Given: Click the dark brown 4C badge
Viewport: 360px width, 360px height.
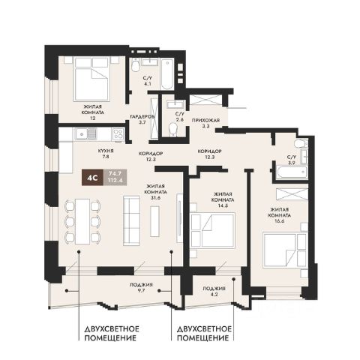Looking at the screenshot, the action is pyautogui.click(x=92, y=178).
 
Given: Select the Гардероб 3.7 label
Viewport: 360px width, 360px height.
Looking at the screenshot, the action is pyautogui.click(x=142, y=119).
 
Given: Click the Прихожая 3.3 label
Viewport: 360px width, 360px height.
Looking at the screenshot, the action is pyautogui.click(x=205, y=123).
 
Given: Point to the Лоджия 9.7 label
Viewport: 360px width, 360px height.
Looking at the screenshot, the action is pyautogui.click(x=141, y=287).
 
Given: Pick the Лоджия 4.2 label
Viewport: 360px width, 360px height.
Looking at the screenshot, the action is pyautogui.click(x=214, y=291).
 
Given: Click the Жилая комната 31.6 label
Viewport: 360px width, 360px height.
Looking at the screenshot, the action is pyautogui.click(x=155, y=192).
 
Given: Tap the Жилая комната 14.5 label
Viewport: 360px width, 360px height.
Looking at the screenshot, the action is pyautogui.click(x=223, y=199).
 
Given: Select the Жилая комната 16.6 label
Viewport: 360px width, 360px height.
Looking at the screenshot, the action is pyautogui.click(x=280, y=215).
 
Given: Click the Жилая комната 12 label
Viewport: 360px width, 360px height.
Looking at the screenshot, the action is pyautogui.click(x=93, y=112).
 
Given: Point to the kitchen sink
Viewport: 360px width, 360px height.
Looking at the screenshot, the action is pyautogui.click(x=85, y=133).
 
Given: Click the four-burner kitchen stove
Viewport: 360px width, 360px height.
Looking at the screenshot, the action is pyautogui.click(x=118, y=133).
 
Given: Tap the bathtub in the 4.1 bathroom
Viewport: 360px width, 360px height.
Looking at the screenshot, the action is pyautogui.click(x=167, y=73).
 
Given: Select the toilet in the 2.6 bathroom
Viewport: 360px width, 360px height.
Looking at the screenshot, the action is pyautogui.click(x=172, y=130).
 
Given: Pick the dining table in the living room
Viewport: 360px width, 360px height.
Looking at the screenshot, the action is pyautogui.click(x=82, y=221).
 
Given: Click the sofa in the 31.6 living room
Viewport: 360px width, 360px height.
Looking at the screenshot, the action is pyautogui.click(x=131, y=220).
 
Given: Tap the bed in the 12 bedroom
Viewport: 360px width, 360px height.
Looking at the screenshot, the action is pyautogui.click(x=92, y=79).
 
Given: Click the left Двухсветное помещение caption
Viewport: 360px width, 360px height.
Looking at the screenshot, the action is pyautogui.click(x=112, y=333).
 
